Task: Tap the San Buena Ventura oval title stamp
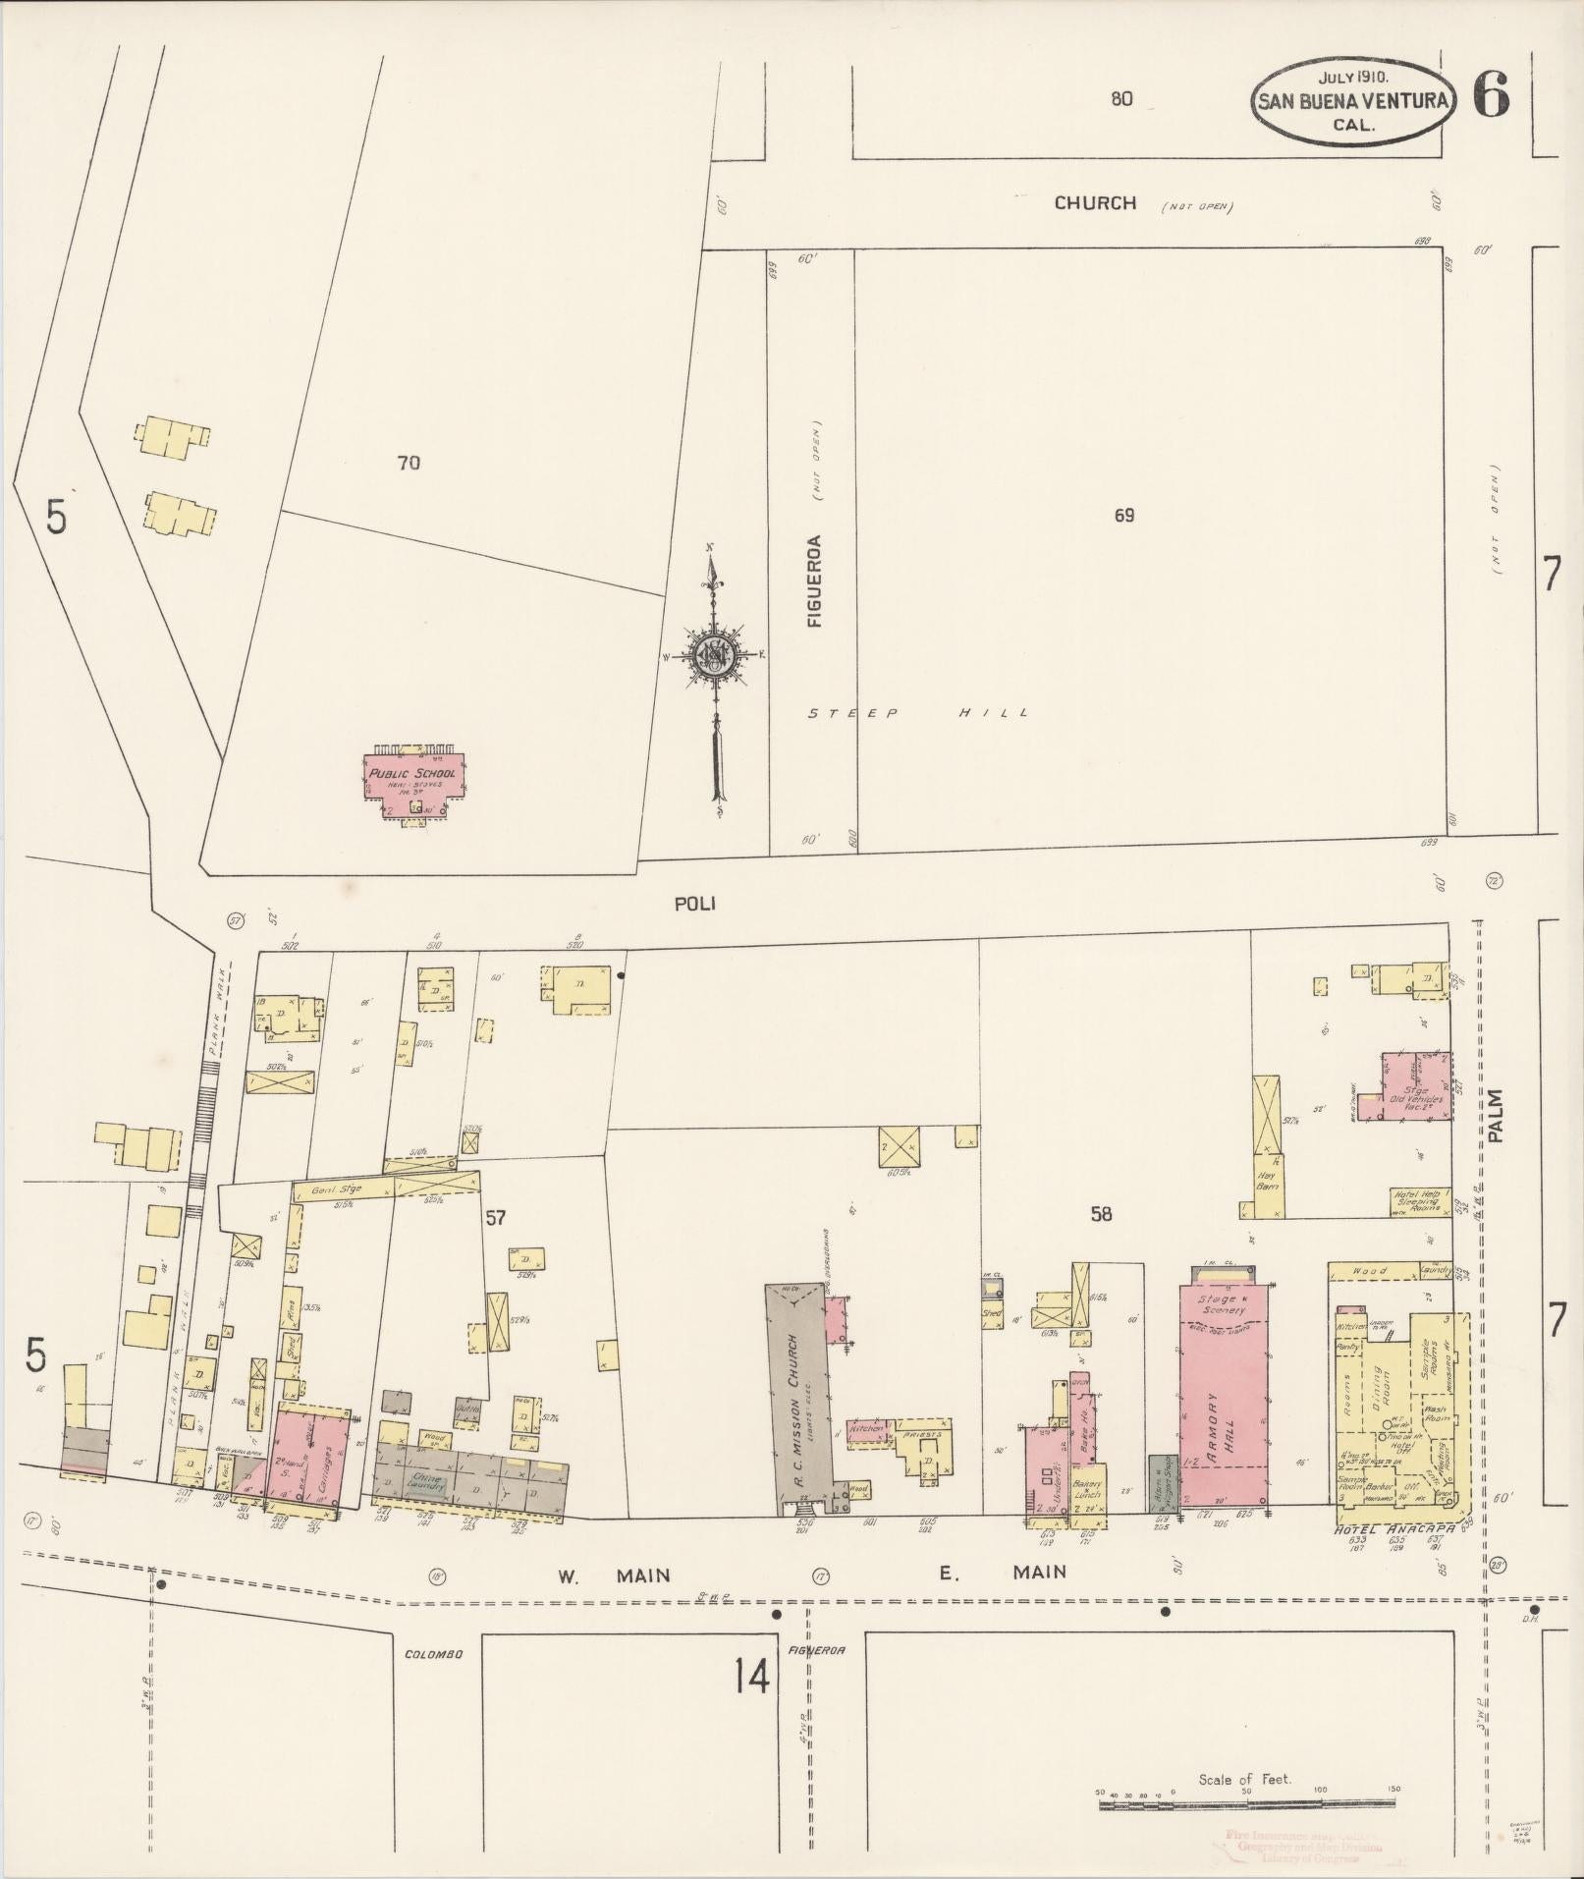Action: [x=1351, y=99]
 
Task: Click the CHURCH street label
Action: [x=1095, y=203]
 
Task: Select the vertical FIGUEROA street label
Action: [x=814, y=580]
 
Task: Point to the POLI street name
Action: [x=694, y=904]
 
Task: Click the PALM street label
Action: [x=1495, y=1116]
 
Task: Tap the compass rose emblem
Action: [x=715, y=656]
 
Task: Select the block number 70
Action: [x=409, y=462]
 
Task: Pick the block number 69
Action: [x=1124, y=515]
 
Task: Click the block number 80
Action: [x=1121, y=98]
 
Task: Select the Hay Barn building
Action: [x=1267, y=1183]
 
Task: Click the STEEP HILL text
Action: [x=917, y=713]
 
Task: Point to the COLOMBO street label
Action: [x=433, y=1654]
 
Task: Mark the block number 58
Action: [x=1101, y=1214]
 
